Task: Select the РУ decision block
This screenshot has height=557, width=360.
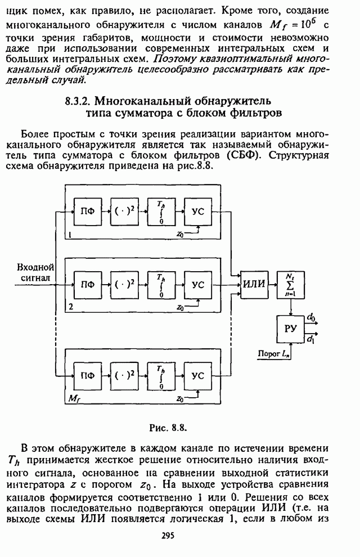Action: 290,329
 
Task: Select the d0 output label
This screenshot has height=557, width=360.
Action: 311,318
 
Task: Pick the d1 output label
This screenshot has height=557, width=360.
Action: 311,338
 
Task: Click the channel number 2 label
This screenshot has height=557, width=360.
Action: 70,307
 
